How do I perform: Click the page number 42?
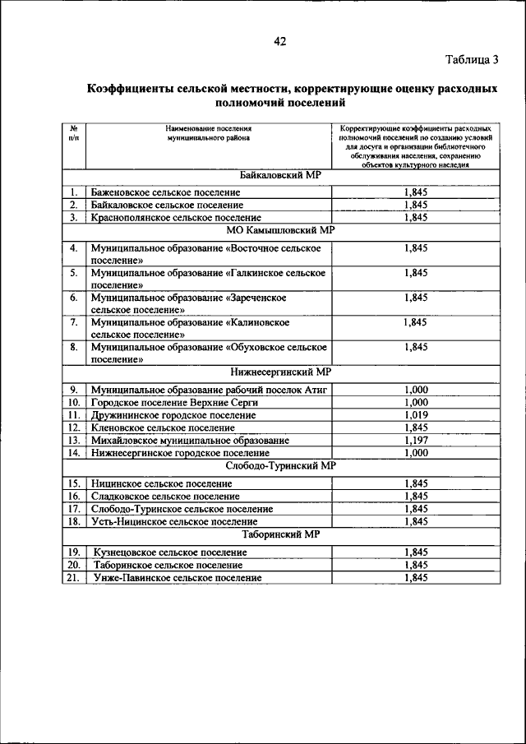(280, 42)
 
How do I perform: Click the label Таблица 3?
(472, 59)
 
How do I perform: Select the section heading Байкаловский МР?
(280, 176)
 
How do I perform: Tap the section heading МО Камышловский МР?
(280, 232)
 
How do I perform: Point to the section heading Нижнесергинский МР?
(280, 372)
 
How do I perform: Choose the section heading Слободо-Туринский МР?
(280, 465)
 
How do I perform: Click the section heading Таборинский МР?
(280, 534)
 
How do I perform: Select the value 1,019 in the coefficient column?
(416, 415)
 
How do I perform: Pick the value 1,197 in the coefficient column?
(416, 441)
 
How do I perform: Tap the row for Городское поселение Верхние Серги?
(164, 402)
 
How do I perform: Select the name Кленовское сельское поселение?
(163, 427)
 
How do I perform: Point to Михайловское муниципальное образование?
(190, 441)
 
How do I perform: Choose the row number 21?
(73, 578)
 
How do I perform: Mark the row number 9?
(73, 390)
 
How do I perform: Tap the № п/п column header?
(73, 134)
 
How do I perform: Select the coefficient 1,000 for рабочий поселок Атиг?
(416, 390)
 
